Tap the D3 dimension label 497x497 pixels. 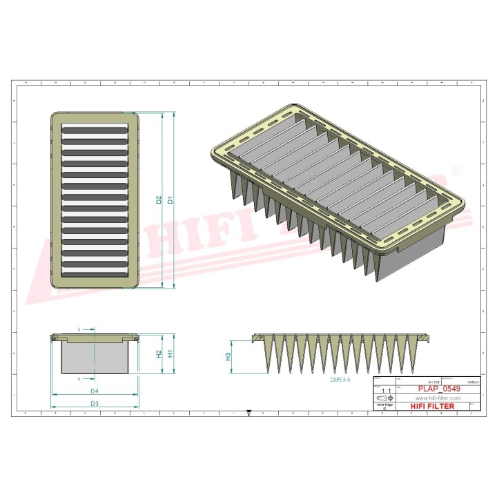click(x=95, y=403)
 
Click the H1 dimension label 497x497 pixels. click(x=170, y=353)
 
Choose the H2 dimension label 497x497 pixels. click(x=159, y=353)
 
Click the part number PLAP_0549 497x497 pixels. click(x=433, y=389)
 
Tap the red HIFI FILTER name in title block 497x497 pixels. click(x=433, y=407)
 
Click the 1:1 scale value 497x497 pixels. click(x=384, y=390)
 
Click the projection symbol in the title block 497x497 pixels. click(x=384, y=398)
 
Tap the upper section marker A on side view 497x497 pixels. click(x=80, y=330)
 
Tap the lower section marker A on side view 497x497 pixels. click(x=80, y=378)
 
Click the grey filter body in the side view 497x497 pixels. click(x=95, y=358)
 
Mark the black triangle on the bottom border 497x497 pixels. click(x=248, y=414)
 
